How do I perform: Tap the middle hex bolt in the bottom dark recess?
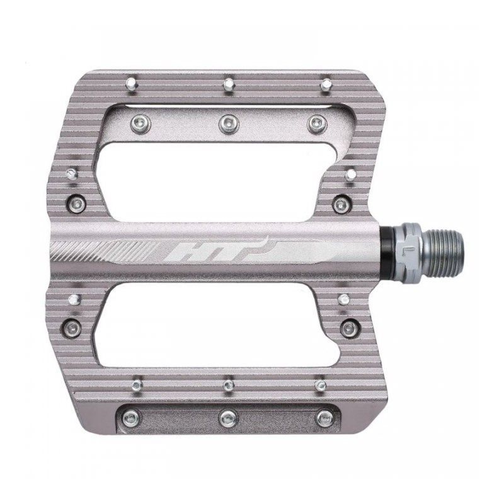click(x=228, y=416)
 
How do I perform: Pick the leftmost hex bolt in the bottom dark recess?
click(x=132, y=416)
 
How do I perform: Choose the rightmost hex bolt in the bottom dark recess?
click(x=324, y=416)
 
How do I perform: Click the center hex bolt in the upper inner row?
click(x=228, y=123)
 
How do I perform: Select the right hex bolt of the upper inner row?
click(x=316, y=123)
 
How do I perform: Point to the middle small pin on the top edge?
click(x=228, y=83)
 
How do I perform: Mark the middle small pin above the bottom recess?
click(x=228, y=383)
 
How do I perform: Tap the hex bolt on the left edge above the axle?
click(x=77, y=203)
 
